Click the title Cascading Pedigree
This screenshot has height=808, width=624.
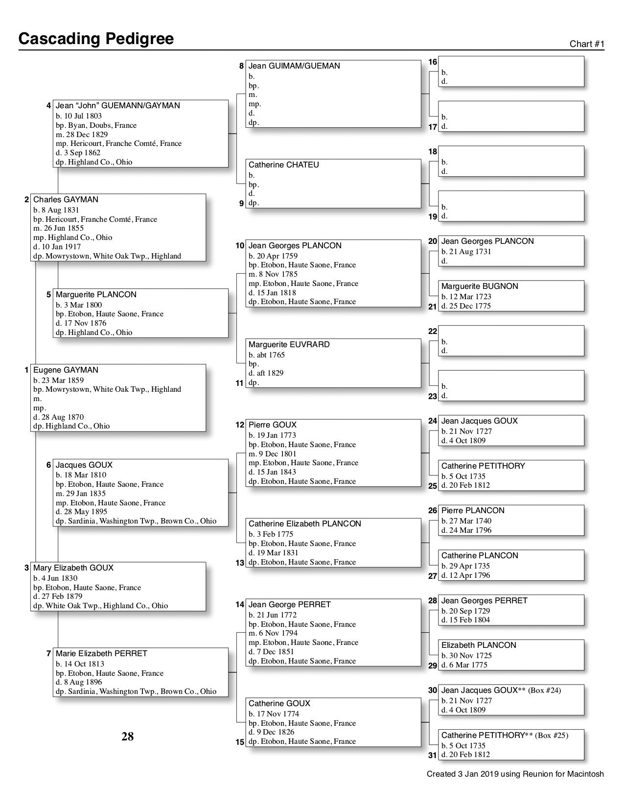click(96, 39)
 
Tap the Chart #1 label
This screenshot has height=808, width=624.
click(587, 44)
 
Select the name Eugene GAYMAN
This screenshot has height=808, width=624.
click(66, 370)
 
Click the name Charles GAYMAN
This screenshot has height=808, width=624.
click(66, 200)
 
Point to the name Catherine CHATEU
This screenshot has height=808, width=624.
click(283, 165)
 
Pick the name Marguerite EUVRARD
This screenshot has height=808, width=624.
click(289, 345)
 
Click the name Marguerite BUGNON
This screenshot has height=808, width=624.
click(480, 286)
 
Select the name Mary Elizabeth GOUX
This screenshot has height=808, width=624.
click(73, 568)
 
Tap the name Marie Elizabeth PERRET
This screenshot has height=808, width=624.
click(101, 654)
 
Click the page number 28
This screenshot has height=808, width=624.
click(127, 737)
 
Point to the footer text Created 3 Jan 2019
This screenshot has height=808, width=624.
click(515, 774)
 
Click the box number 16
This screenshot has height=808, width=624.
click(433, 62)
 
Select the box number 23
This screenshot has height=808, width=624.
click(433, 396)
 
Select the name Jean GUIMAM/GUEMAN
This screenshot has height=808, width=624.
click(294, 66)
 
